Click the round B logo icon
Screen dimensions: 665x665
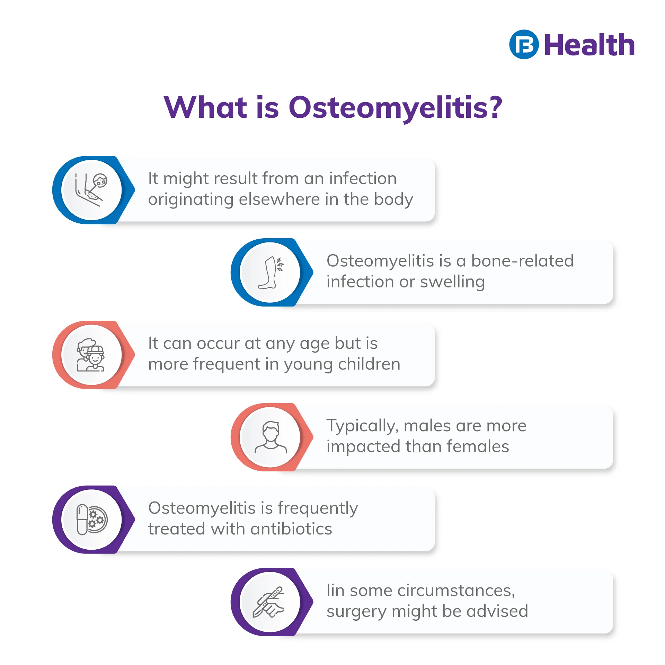[x=524, y=44]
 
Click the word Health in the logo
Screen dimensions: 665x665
[x=589, y=45]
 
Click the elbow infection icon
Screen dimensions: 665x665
[x=91, y=190]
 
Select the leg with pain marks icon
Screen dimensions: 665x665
[x=271, y=273]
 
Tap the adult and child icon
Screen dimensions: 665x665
[x=90, y=355]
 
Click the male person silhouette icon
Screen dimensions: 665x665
[x=271, y=437]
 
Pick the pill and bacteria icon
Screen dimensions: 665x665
[x=92, y=520]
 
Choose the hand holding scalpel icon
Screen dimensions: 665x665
[x=269, y=602]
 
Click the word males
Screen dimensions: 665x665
[x=427, y=426]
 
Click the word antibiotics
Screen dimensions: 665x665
[x=291, y=529]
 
